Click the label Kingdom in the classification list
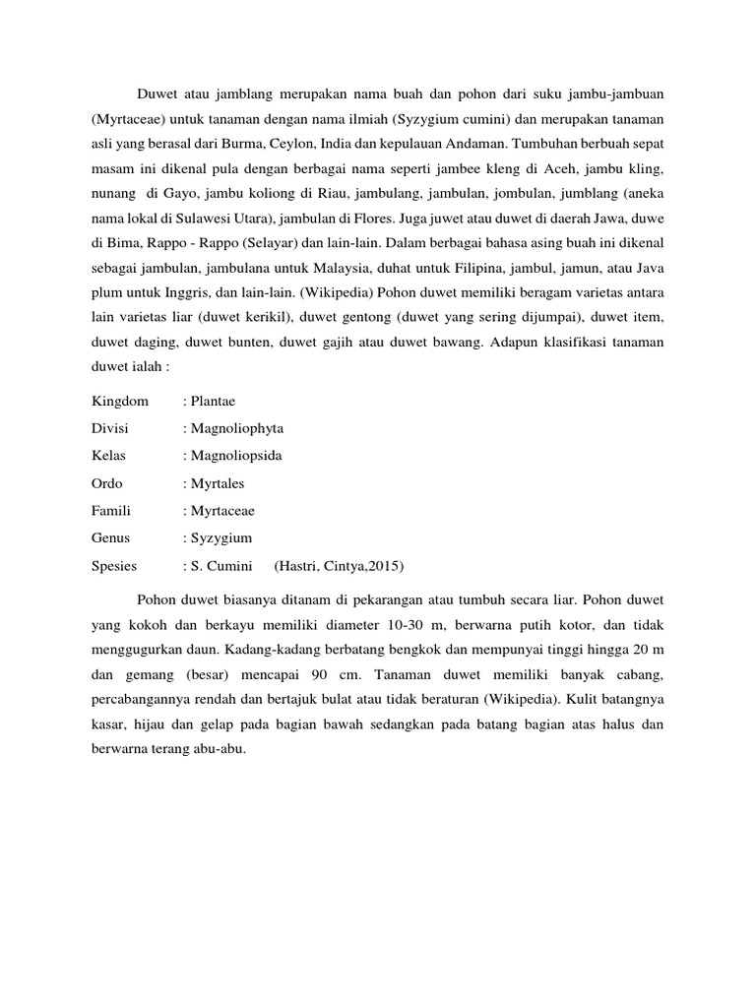tap(120, 401)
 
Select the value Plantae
tap(213, 401)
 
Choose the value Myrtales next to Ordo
tap(217, 483)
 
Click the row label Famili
tap(111, 511)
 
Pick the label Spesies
tap(114, 566)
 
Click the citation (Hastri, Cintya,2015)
tap(340, 566)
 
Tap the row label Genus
tap(111, 538)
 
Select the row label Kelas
tap(108, 456)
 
